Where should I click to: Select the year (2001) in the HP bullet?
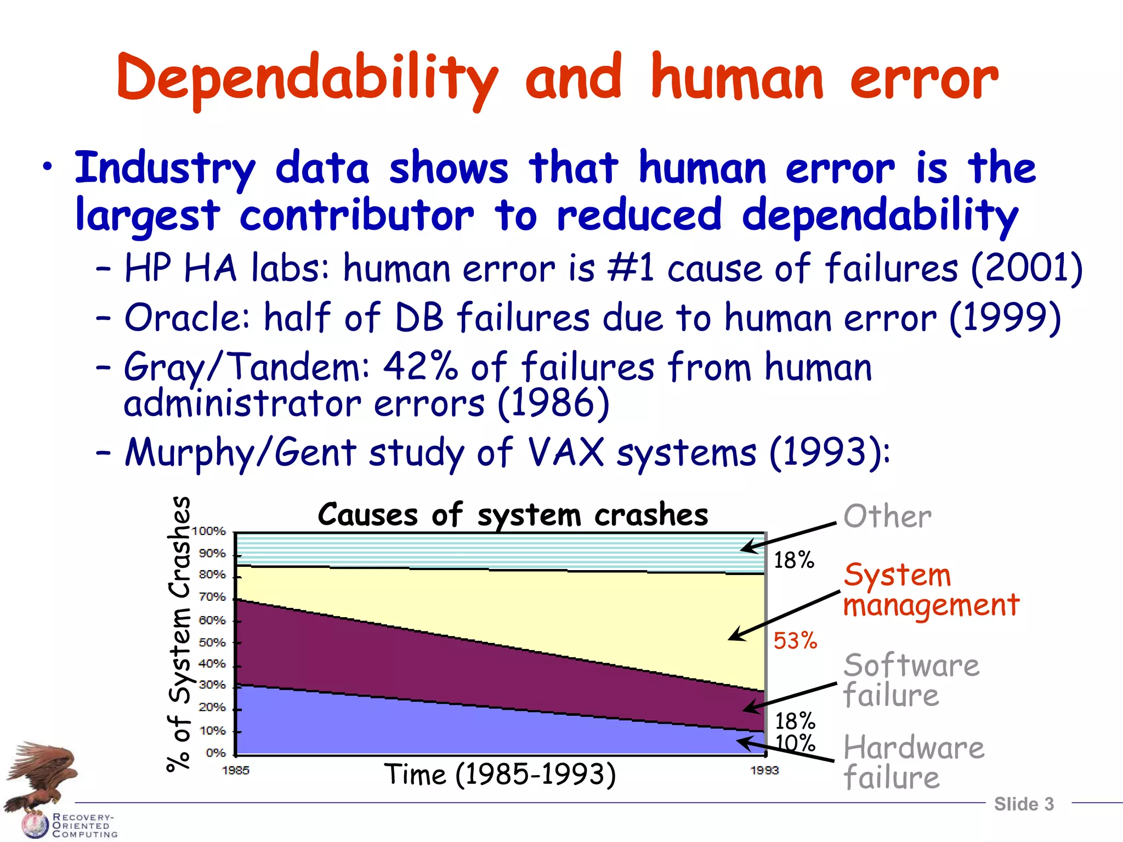tap(1026, 269)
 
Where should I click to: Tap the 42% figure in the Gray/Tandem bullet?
tap(419, 366)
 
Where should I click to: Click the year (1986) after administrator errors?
tap(553, 403)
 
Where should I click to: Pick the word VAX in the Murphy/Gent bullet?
tap(565, 453)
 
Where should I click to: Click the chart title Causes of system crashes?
tap(513, 515)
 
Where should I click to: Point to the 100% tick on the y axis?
tap(209, 531)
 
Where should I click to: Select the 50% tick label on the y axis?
tap(212, 642)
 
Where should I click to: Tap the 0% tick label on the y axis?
tap(215, 753)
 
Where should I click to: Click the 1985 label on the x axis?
tap(235, 771)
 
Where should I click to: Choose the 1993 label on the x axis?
tap(764, 771)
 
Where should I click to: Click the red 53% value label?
tap(795, 640)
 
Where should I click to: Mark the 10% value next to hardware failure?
tap(795, 743)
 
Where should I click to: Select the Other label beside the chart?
tap(887, 516)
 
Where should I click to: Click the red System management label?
tap(931, 590)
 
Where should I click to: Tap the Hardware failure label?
tap(913, 763)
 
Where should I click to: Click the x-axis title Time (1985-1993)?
tap(500, 775)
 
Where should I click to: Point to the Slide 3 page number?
tap(1024, 804)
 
